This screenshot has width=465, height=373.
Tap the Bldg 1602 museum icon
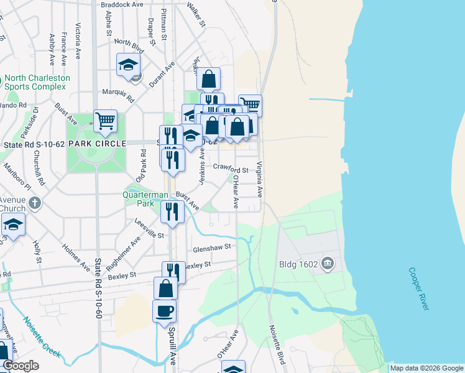(x=329, y=265)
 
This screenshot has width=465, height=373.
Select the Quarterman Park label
(x=145, y=199)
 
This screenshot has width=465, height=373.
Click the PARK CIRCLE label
(x=93, y=144)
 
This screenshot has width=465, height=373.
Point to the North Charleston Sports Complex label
(x=37, y=83)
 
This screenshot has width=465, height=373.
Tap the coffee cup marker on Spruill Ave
(x=165, y=311)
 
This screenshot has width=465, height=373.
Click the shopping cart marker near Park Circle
(x=106, y=121)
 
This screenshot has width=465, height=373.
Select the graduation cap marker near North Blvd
(x=129, y=65)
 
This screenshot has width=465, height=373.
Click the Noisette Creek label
(x=42, y=338)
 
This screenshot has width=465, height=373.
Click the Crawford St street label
(x=231, y=168)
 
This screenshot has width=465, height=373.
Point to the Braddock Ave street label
(x=121, y=4)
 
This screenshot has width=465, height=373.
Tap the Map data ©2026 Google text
(x=426, y=368)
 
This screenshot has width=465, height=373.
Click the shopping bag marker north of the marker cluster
(x=209, y=79)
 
